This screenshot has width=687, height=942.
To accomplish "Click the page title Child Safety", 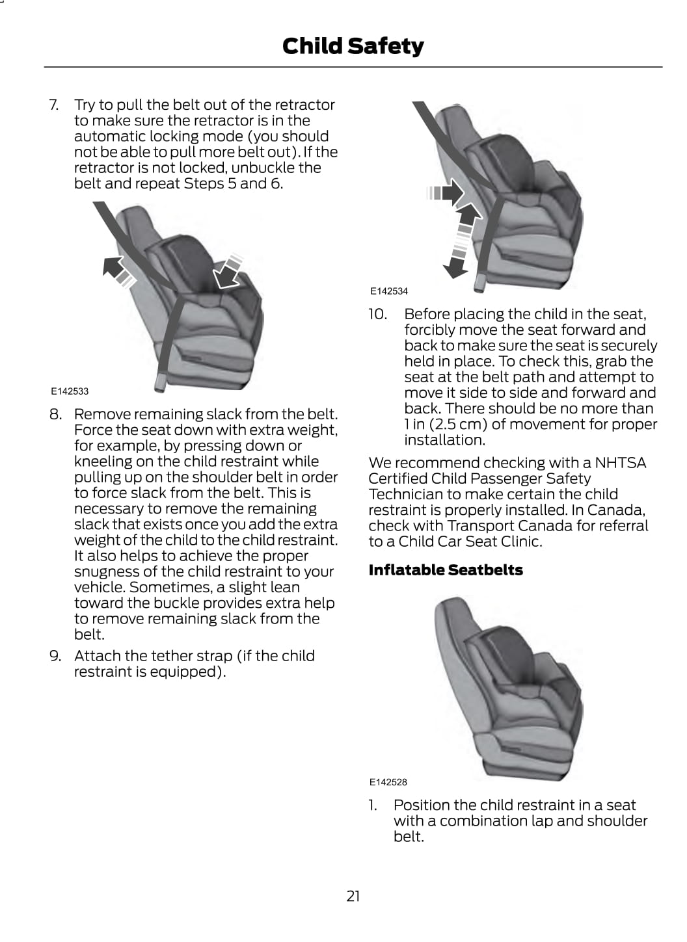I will coord(353,46).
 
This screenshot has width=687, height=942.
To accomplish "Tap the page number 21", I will coord(353,896).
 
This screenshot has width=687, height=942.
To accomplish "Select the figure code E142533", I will coord(70,391).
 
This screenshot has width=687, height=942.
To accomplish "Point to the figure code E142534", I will coord(389,291).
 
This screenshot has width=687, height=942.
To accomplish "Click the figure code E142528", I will coord(388,781).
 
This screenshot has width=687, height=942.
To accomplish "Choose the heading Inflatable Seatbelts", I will coord(446,569).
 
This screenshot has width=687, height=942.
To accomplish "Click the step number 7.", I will coord(54,105).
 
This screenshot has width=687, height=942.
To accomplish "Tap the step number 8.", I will coord(55,414).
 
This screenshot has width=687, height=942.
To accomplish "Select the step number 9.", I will coord(55,655).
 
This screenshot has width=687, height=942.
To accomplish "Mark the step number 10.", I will coord(377,314).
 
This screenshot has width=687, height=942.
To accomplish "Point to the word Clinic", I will coord(519,542).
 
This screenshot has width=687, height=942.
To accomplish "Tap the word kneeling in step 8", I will coord(104,462).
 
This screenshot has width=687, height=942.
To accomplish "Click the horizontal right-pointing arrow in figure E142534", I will coord(445,193).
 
